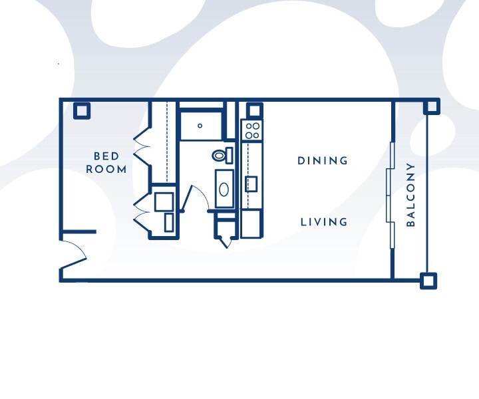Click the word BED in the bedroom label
(x=106, y=156)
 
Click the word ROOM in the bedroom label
(x=106, y=169)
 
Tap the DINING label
(x=323, y=160)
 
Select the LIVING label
(x=324, y=222)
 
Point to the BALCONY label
(x=411, y=195)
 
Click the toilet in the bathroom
(x=222, y=155)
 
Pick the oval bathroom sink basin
(x=224, y=190)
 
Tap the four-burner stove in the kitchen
(x=252, y=130)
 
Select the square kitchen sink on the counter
(x=251, y=184)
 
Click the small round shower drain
(x=200, y=126)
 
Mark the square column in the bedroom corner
(x=82, y=110)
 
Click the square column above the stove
(x=254, y=110)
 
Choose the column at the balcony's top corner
(x=431, y=106)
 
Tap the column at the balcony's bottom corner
(x=428, y=281)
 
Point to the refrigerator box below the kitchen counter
(x=251, y=223)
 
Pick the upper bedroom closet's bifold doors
(x=142, y=146)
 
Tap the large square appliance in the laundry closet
(x=164, y=201)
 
